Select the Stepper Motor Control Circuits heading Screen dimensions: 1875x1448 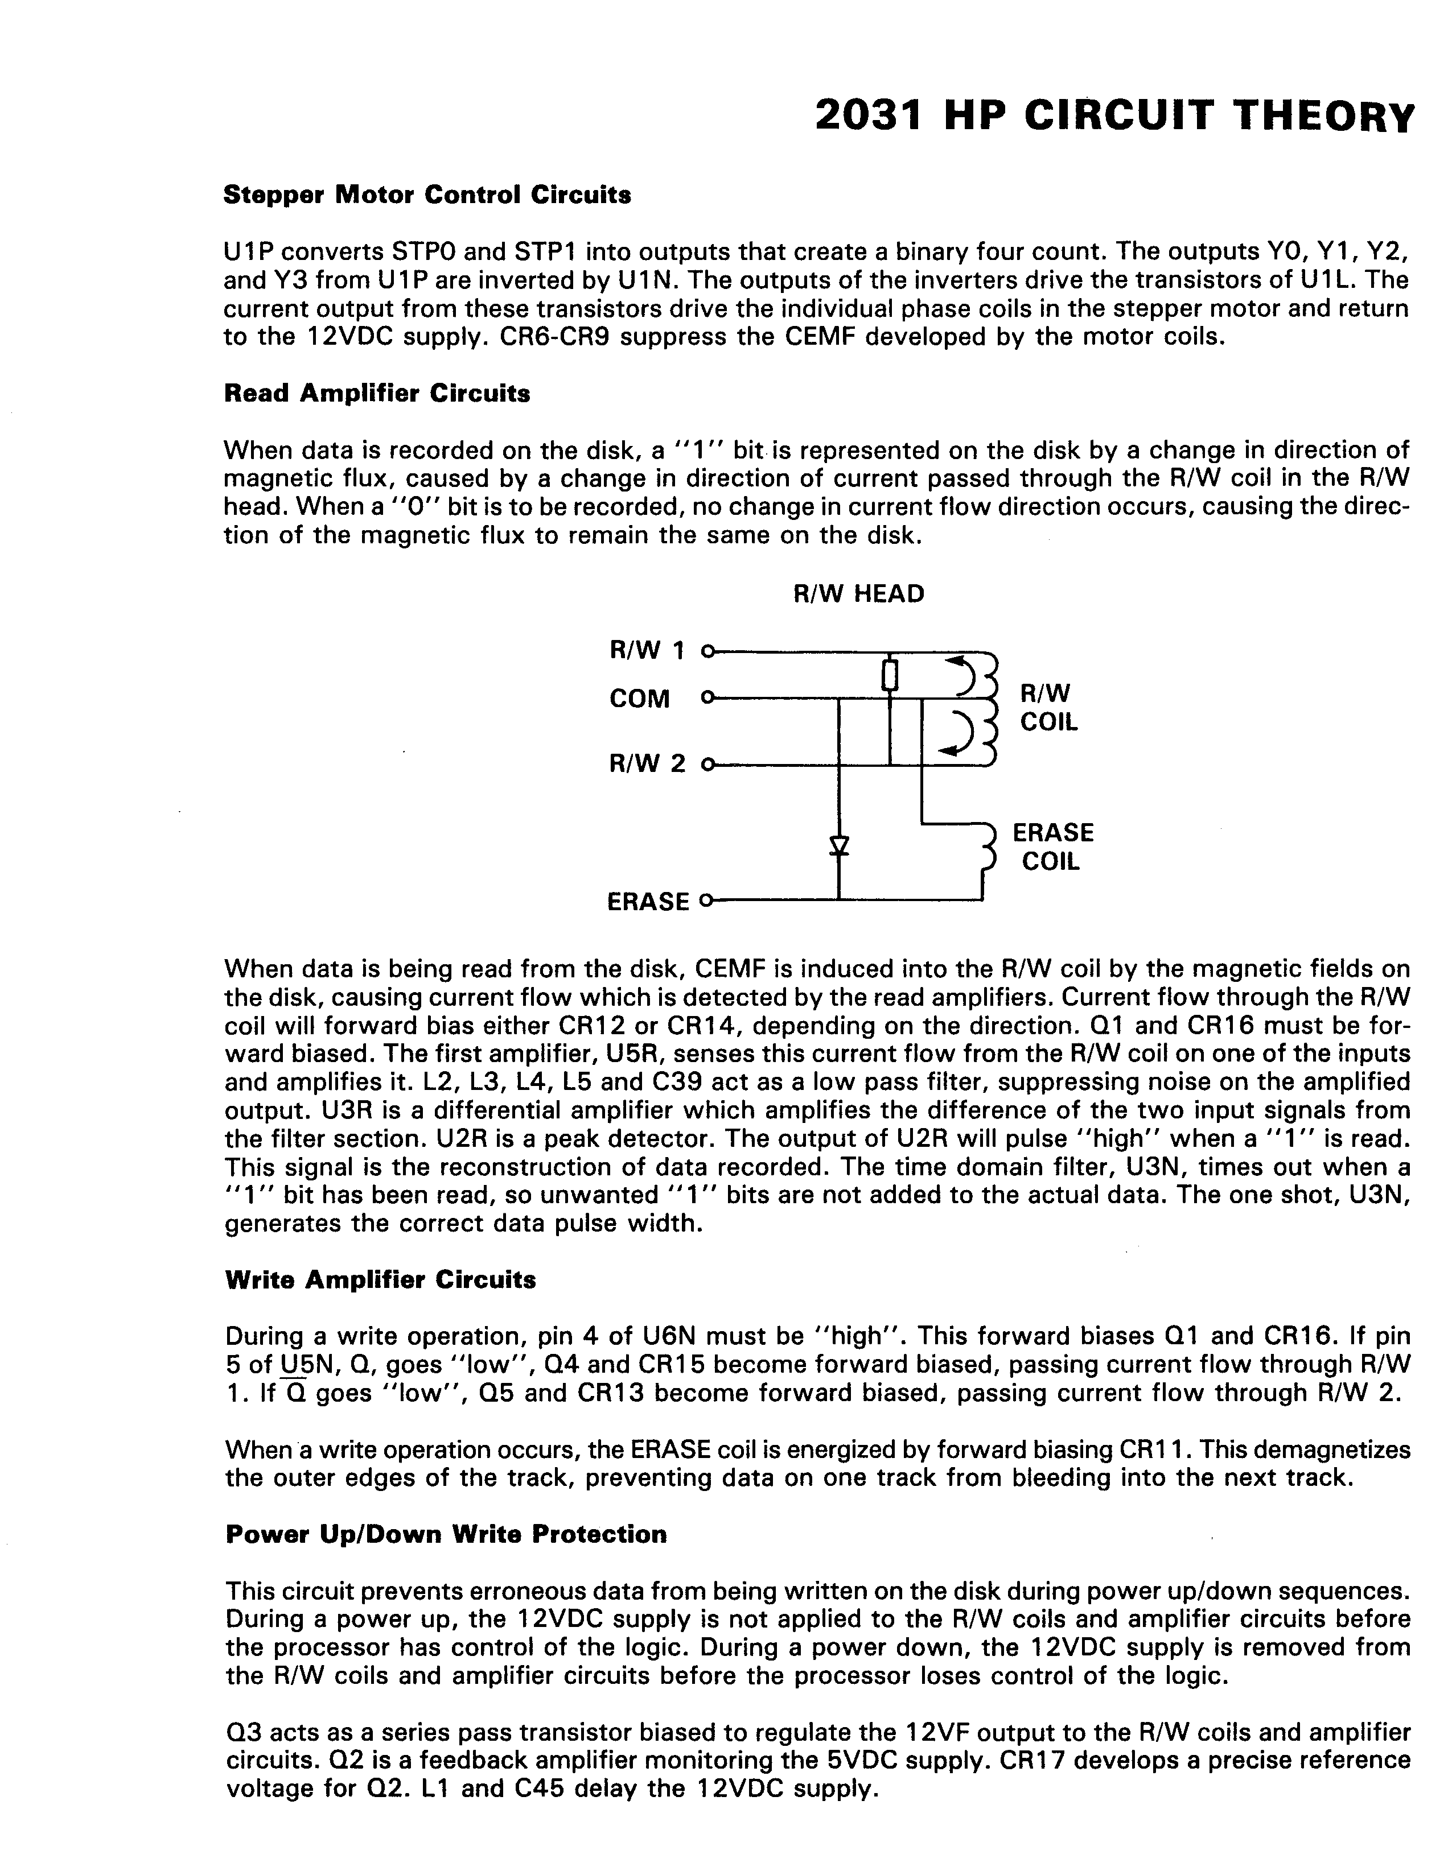click(x=427, y=196)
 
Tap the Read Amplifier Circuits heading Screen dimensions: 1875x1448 click(x=377, y=394)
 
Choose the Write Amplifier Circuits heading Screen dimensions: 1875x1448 click(x=380, y=1280)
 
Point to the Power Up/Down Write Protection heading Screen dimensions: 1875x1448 click(x=446, y=1534)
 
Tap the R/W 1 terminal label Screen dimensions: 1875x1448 click(x=647, y=651)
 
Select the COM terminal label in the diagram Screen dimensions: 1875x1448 click(x=639, y=699)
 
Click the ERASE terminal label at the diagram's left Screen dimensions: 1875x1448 click(x=648, y=902)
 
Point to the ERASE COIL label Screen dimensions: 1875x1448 click(x=1053, y=846)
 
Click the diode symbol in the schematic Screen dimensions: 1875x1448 click(x=839, y=846)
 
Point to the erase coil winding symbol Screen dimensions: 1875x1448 click(x=988, y=846)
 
